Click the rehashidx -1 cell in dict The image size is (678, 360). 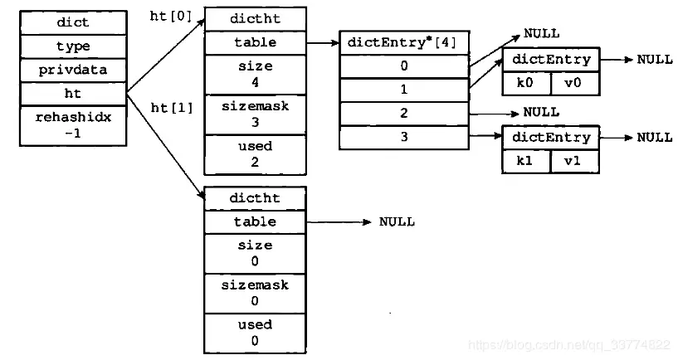pyautogui.click(x=73, y=125)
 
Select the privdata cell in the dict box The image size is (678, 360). pyautogui.click(x=73, y=70)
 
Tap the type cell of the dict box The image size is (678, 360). pyautogui.click(x=73, y=46)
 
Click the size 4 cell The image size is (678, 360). pyautogui.click(x=254, y=74)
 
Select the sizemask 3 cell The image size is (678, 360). pyautogui.click(x=254, y=114)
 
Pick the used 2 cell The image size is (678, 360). pyautogui.click(x=254, y=154)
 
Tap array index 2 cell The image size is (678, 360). pyautogui.click(x=404, y=113)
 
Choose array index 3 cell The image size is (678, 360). pyautogui.click(x=404, y=137)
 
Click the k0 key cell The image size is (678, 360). pyautogui.click(x=526, y=82)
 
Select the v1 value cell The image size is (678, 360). pyautogui.click(x=574, y=160)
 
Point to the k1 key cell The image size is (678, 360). pyautogui.click(x=526, y=160)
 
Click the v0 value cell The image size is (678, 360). pyautogui.click(x=574, y=82)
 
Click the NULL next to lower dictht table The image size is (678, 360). pyautogui.click(x=397, y=222)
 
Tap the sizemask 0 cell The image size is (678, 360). pyautogui.click(x=254, y=293)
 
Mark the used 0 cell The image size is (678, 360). pyautogui.click(x=254, y=332)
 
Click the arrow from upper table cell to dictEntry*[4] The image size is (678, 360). pyautogui.click(x=322, y=41)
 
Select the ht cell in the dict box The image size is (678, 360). pyautogui.click(x=73, y=94)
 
